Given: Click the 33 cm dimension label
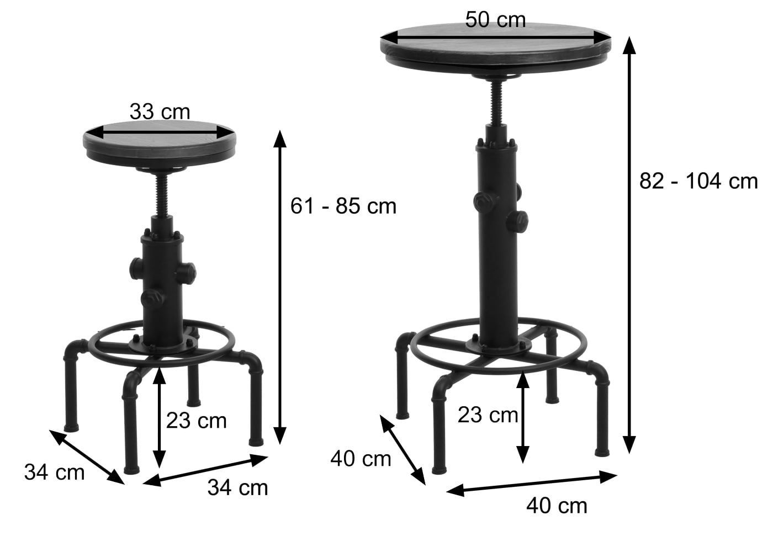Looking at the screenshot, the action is pos(160,112).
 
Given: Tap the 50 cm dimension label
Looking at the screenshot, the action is pos(495,20).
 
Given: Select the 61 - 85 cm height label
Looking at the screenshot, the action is pos(343,206).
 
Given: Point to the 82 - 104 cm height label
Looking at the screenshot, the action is pos(698,181).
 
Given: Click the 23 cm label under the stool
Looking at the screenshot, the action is pos(196,421).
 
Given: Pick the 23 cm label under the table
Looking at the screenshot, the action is pos(488,415).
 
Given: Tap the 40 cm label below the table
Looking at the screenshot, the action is pos(557,506).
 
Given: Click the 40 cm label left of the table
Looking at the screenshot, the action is pos(361,459).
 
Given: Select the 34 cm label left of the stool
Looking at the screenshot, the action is pos(54,472).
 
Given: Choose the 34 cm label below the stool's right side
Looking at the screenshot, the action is pos(237,487).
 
